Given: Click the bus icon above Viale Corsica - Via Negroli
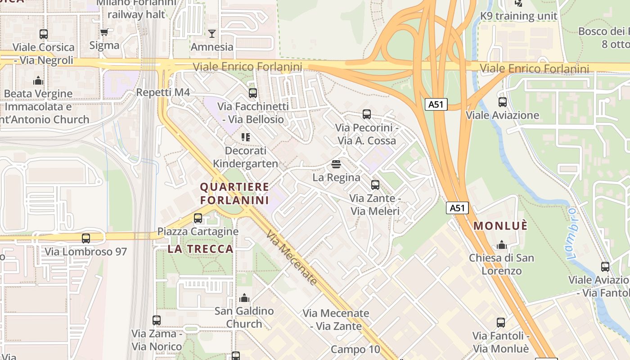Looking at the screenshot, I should [x=44, y=34].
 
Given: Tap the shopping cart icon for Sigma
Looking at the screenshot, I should [x=104, y=32].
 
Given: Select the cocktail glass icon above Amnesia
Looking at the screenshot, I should [x=212, y=34].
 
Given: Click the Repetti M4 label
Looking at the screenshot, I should [x=163, y=93].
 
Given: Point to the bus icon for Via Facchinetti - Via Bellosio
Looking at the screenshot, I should [x=253, y=93].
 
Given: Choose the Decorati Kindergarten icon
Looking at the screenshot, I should [x=245, y=137].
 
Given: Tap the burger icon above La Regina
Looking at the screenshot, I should [x=336, y=164].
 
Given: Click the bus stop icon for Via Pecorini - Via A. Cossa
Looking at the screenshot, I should [x=367, y=114].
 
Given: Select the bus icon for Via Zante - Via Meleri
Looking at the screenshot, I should [x=375, y=185].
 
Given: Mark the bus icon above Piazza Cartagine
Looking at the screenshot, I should [x=198, y=218].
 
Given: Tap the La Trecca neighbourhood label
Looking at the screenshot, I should [x=201, y=249].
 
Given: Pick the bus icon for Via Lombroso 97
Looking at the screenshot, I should [x=86, y=238].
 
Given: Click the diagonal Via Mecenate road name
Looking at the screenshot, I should [x=291, y=258].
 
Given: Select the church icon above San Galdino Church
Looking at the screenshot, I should [x=244, y=298].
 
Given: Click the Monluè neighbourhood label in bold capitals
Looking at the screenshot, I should [x=500, y=226].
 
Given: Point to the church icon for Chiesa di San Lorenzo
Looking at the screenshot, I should [x=501, y=245].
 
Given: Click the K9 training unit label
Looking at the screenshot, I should [x=519, y=16].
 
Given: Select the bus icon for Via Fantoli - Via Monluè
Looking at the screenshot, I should [x=501, y=323].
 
